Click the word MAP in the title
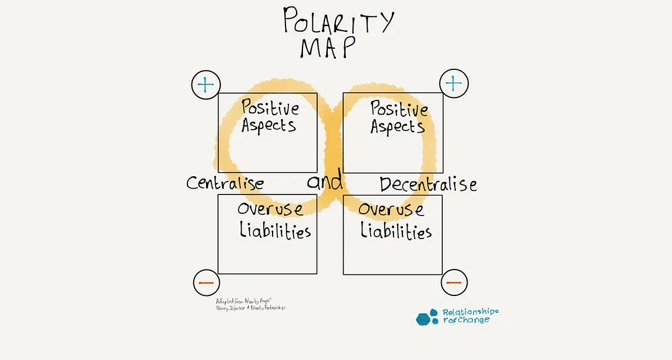328,47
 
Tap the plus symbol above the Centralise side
206,85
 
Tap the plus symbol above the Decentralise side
453,83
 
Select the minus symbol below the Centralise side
206,283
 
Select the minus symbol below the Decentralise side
454,283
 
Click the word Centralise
225,183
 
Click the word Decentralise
428,184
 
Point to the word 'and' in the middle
325,181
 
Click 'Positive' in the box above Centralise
270,108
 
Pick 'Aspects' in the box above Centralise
268,125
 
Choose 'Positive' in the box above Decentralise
399,109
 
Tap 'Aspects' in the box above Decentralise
398,127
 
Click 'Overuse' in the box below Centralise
270,210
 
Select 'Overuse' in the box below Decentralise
391,210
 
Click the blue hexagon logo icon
427,317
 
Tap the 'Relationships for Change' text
470,316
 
